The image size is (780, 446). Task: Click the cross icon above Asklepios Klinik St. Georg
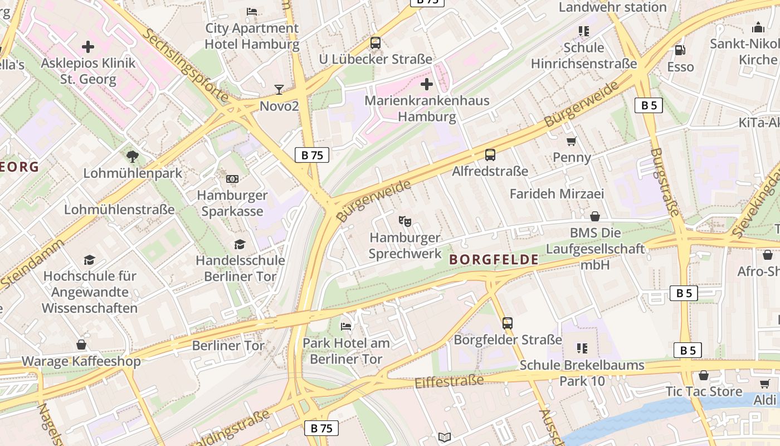(x=88, y=47)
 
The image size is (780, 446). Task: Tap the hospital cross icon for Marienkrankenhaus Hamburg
(x=427, y=84)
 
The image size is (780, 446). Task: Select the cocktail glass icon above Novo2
(x=279, y=89)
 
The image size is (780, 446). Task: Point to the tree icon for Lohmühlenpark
(x=133, y=156)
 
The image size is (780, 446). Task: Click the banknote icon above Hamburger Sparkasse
(x=232, y=179)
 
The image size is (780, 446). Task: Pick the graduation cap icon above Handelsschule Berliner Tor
(x=240, y=244)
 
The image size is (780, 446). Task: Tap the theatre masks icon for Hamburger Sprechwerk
(x=405, y=221)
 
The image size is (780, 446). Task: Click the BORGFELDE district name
(x=494, y=259)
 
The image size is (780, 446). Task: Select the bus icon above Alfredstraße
(x=490, y=154)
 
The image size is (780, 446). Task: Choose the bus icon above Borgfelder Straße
(x=507, y=323)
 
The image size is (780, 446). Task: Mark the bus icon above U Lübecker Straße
(x=376, y=42)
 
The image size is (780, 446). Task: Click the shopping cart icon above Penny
(x=571, y=141)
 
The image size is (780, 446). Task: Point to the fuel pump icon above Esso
(x=680, y=50)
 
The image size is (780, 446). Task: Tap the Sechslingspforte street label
(x=186, y=66)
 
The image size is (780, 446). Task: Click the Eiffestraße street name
(x=449, y=382)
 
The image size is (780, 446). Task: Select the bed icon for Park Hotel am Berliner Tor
(x=346, y=326)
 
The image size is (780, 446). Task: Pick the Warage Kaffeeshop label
(x=81, y=361)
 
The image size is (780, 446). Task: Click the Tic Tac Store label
(x=704, y=391)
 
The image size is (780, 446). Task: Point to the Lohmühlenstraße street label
(x=119, y=210)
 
